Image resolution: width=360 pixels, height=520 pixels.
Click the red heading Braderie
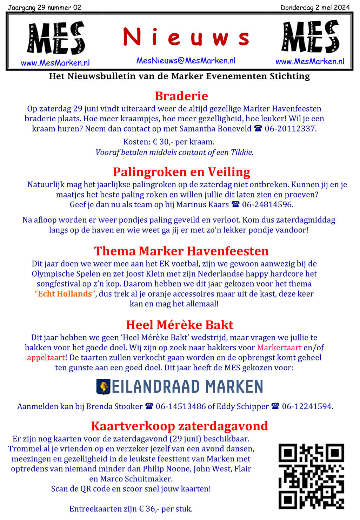[181, 96]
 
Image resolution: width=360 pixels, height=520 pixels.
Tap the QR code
[311, 476]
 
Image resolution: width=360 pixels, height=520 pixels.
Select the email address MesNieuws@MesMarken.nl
[186, 61]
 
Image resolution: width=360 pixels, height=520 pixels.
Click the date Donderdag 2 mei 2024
[315, 7]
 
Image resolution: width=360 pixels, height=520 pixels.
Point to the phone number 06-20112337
[290, 129]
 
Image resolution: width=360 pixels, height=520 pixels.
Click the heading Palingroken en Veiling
[181, 172]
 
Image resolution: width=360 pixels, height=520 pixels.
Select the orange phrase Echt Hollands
[65, 294]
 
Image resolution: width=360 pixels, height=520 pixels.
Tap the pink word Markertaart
[279, 347]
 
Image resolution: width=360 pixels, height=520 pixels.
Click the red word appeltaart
[46, 358]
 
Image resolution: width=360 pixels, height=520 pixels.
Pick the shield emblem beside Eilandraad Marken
[103, 387]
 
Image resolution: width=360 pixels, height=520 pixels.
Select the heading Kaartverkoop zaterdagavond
[179, 426]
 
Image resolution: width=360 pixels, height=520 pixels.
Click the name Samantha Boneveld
[215, 129]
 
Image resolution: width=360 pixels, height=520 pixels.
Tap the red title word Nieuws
[186, 38]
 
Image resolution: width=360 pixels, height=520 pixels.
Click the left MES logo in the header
[56, 38]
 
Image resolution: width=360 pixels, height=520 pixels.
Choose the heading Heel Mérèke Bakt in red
[180, 325]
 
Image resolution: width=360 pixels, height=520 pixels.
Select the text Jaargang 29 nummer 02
[44, 7]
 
